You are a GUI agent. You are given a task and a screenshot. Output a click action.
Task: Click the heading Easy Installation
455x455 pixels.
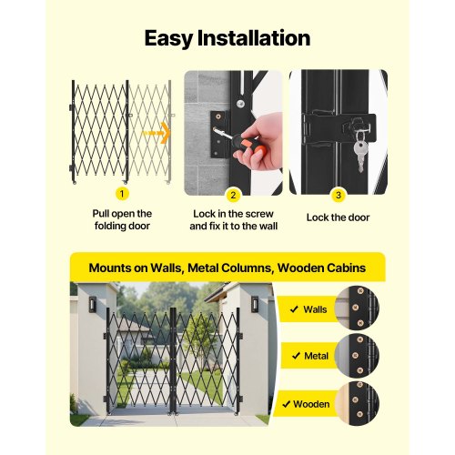tap(227, 38)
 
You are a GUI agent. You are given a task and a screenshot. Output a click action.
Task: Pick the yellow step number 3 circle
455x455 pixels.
tap(339, 193)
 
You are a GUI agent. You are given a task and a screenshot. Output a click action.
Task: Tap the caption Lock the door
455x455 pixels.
tap(339, 217)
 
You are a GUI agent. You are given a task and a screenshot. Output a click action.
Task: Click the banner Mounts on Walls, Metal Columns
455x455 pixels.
tap(227, 268)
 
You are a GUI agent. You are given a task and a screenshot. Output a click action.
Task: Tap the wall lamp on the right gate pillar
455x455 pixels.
tap(255, 303)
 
